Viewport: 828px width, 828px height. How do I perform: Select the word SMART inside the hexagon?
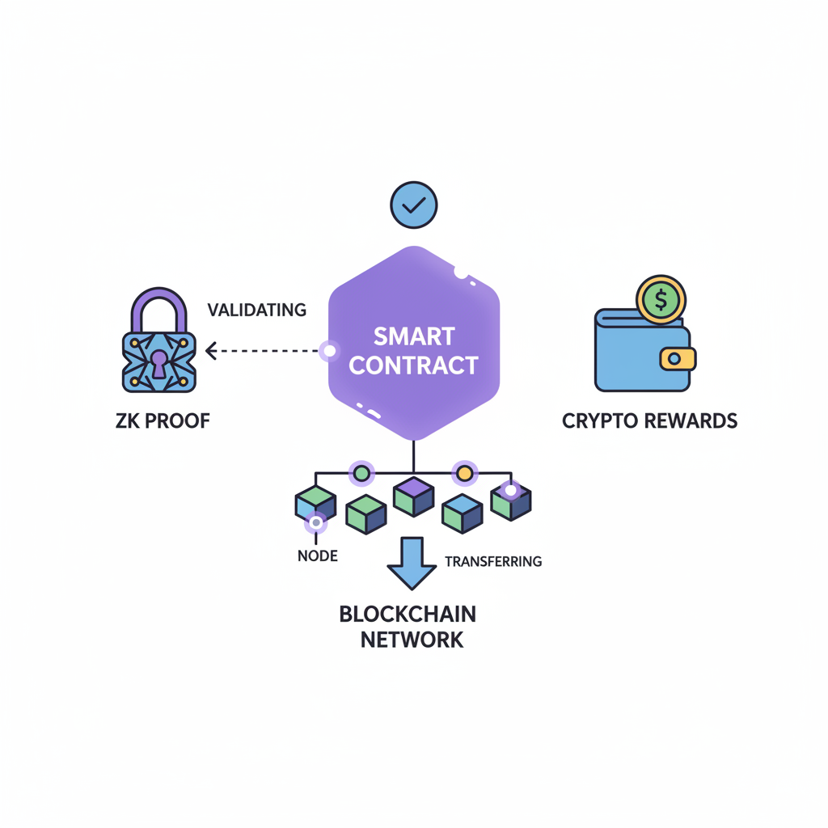click(x=414, y=336)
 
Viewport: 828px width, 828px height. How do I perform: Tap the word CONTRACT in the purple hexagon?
click(x=414, y=365)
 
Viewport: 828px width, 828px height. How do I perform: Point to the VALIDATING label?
click(x=256, y=310)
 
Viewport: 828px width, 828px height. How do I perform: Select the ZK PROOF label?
click(x=163, y=420)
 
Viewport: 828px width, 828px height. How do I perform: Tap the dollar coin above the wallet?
click(x=661, y=299)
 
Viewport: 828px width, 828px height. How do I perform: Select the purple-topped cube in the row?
click(x=413, y=496)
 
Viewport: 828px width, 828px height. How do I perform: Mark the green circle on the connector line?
click(x=361, y=473)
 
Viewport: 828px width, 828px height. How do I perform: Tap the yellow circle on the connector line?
click(x=464, y=472)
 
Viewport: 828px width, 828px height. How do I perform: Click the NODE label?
click(x=317, y=556)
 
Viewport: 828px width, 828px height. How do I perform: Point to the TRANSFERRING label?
click(x=493, y=561)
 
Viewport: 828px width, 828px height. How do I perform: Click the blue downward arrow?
click(x=412, y=562)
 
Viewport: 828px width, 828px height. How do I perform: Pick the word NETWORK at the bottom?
click(x=412, y=640)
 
